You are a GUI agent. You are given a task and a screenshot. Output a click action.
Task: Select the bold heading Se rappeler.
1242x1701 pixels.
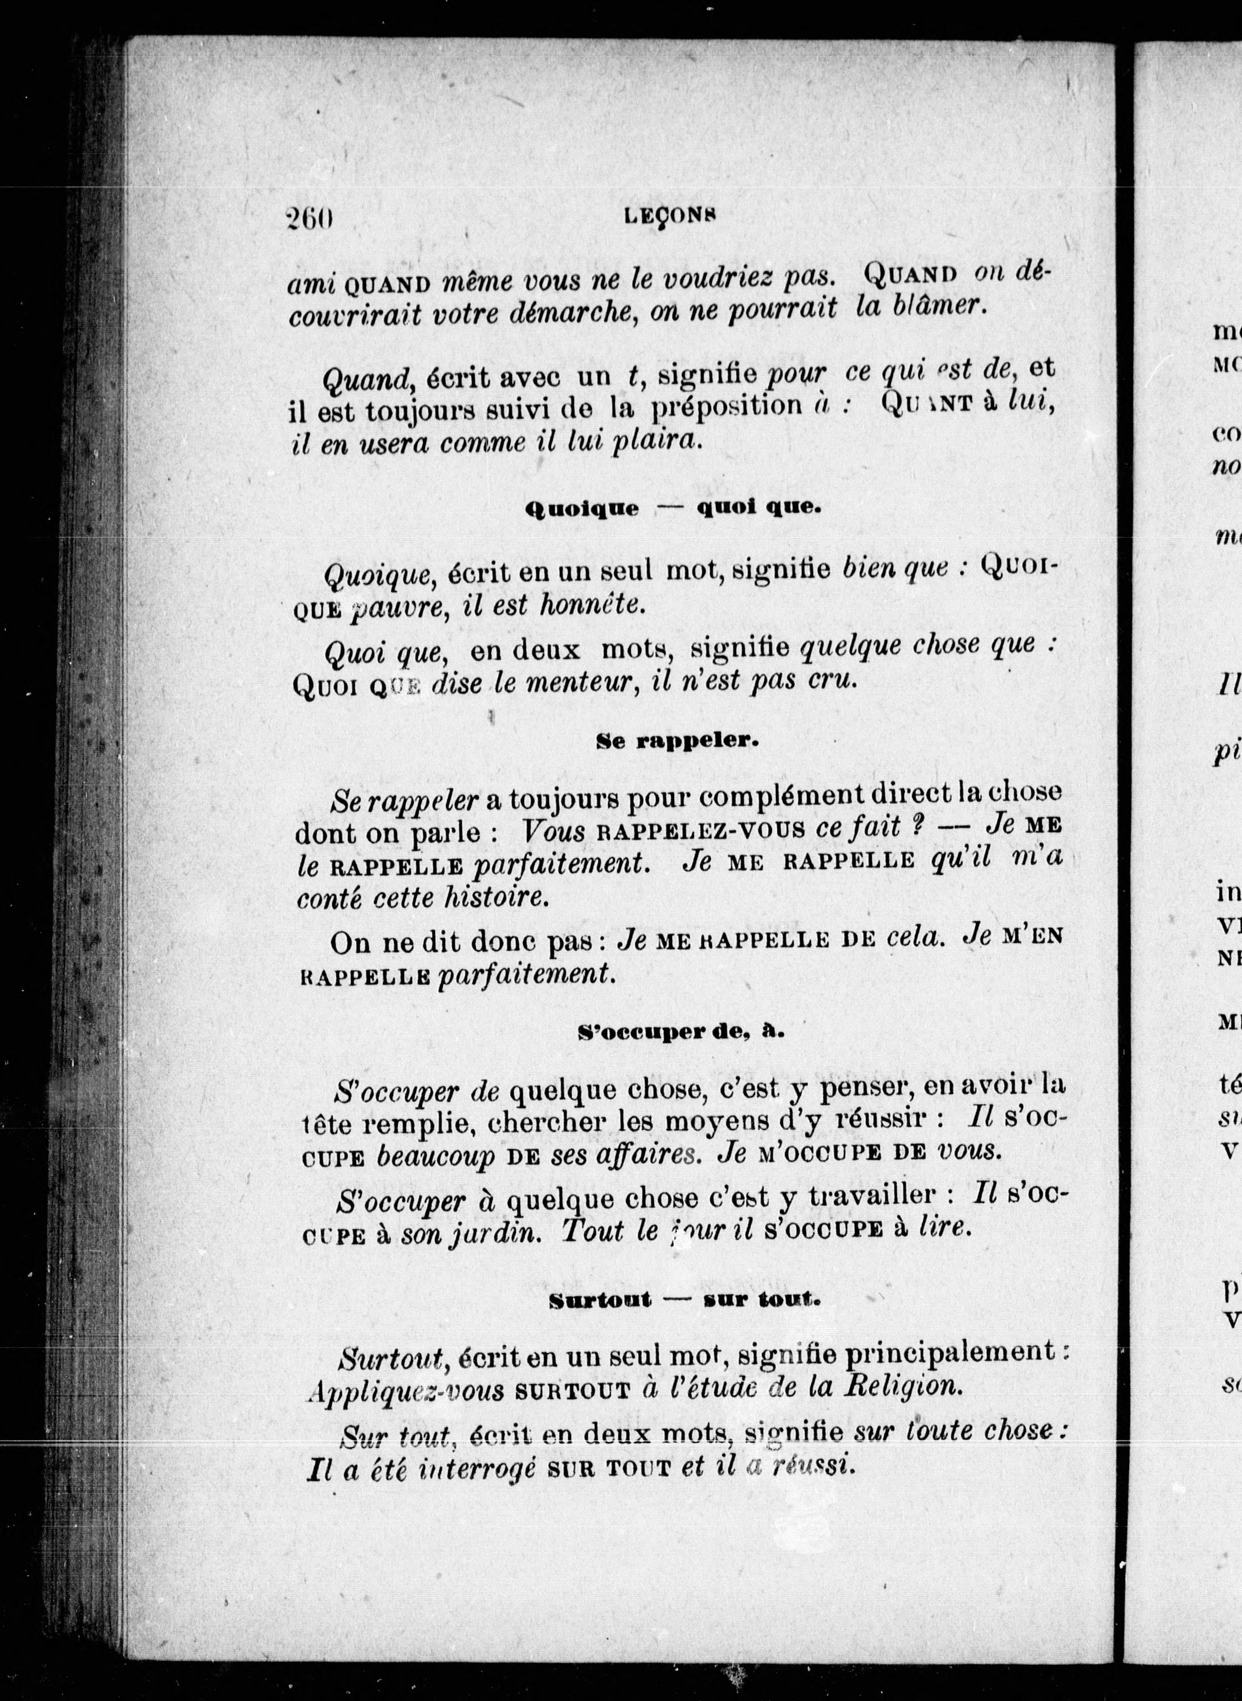[677, 741]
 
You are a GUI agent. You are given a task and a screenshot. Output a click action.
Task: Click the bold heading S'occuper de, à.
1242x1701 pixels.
[681, 1033]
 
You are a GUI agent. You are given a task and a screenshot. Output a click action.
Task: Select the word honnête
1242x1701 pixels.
[593, 605]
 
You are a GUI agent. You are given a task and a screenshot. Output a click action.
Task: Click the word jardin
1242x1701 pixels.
[495, 1230]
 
